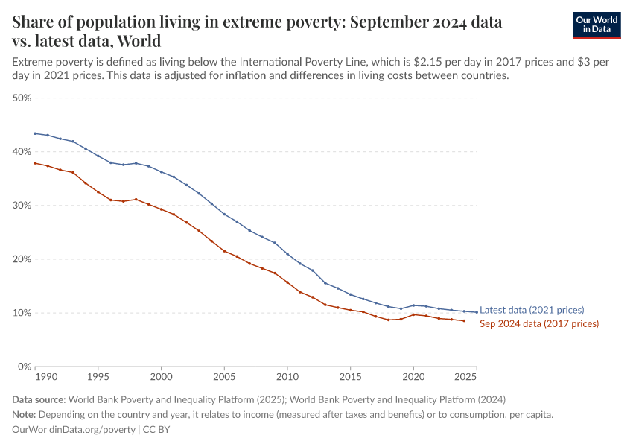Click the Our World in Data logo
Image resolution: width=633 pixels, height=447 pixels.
pyautogui.click(x=596, y=25)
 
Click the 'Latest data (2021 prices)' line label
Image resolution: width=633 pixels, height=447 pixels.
pyautogui.click(x=532, y=310)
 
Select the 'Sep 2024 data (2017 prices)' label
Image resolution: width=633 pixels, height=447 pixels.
pyautogui.click(x=539, y=324)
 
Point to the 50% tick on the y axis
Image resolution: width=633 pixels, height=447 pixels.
pyautogui.click(x=21, y=98)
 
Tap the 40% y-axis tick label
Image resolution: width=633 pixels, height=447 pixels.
pyautogui.click(x=21, y=152)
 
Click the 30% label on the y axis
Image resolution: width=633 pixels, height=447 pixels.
pyautogui.click(x=21, y=206)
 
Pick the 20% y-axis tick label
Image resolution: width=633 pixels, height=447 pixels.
pyautogui.click(x=21, y=259)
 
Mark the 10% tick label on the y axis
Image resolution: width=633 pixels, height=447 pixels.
pyautogui.click(x=21, y=313)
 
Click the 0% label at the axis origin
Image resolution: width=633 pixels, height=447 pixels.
pyautogui.click(x=24, y=367)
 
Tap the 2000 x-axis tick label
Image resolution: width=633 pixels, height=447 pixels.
pyautogui.click(x=161, y=378)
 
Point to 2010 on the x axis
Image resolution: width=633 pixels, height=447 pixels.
pyautogui.click(x=287, y=378)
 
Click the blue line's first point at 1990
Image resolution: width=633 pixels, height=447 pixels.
pyautogui.click(x=35, y=133)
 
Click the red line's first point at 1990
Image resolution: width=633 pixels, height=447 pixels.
pyautogui.click(x=35, y=163)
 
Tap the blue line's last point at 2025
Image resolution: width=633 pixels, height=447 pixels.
pyautogui.click(x=477, y=312)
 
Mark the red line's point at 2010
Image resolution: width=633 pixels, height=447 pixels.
pyautogui.click(x=287, y=282)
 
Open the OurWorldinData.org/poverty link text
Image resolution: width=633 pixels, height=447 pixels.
pyautogui.click(x=74, y=430)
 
